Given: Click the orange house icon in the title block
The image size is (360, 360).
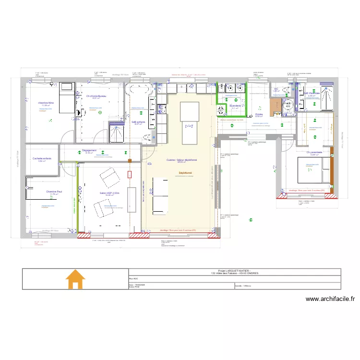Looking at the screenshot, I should point(75,279).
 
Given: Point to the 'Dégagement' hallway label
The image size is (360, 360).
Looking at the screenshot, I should point(89,150).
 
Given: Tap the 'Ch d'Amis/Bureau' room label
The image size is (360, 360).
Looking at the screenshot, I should point(96,96).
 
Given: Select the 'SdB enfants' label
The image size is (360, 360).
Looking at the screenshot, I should point(139,122).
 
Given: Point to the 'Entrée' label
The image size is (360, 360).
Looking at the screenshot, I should point(259,114).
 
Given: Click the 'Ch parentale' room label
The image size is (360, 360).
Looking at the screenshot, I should point(314,152).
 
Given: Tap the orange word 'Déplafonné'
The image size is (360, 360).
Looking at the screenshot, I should point(185,173).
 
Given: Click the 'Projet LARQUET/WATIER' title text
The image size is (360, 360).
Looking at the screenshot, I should point(234,271).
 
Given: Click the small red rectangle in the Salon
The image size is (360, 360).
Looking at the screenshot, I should point(129,174).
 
